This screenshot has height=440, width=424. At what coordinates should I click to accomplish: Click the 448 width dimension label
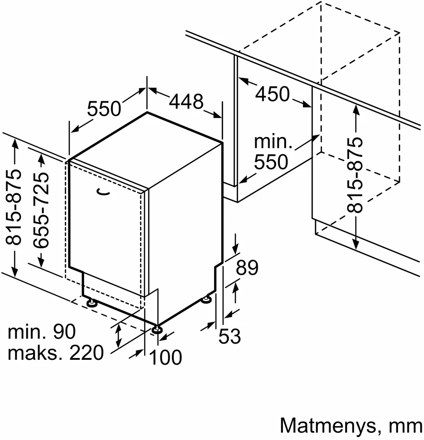pyautogui.click(x=186, y=101)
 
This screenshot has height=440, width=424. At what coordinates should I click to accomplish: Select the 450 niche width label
pyautogui.click(x=272, y=94)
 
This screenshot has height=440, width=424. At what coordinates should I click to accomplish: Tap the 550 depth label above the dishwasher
pyautogui.click(x=104, y=108)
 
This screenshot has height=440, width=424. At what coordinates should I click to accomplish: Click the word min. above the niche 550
pyautogui.click(x=273, y=142)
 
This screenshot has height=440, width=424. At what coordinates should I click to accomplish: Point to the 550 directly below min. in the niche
pyautogui.click(x=271, y=161)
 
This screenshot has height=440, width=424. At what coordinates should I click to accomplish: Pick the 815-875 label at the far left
pyautogui.click(x=13, y=207)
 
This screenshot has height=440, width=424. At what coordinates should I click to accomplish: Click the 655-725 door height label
pyautogui.click(x=41, y=210)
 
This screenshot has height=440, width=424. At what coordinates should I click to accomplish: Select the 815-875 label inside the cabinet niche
pyautogui.click(x=355, y=175)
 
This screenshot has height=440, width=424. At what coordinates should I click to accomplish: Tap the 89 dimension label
pyautogui.click(x=247, y=267)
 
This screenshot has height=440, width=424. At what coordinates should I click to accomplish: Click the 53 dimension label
pyautogui.click(x=229, y=336)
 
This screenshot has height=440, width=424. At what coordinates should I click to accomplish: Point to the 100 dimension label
pyautogui.click(x=166, y=357)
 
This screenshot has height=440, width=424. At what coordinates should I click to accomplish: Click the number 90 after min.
pyautogui.click(x=64, y=332)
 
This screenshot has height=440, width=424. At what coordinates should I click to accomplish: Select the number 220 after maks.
pyautogui.click(x=86, y=353)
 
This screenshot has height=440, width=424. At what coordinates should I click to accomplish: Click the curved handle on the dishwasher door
pyautogui.click(x=103, y=192)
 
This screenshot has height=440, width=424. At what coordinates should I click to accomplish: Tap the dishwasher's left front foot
pyautogui.click(x=91, y=302)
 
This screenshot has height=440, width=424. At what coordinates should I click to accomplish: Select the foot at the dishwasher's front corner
pyautogui.click(x=157, y=329)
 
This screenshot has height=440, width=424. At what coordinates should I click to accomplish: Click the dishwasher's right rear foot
pyautogui.click(x=207, y=299)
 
